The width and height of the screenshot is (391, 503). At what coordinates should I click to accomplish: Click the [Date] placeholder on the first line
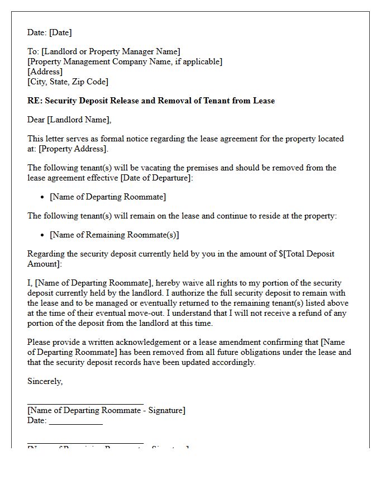60,32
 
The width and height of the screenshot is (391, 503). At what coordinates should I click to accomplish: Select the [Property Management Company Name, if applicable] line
125,61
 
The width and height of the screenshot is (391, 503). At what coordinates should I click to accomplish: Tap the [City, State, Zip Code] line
68,82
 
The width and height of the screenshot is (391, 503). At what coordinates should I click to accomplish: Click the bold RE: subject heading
151,101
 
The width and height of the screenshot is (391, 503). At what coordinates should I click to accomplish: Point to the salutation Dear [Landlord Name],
69,120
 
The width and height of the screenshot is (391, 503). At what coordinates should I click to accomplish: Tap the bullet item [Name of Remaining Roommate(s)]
114,235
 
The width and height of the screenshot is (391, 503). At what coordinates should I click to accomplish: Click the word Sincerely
45,381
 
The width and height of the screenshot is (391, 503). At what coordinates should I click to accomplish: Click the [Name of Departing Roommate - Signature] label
106,410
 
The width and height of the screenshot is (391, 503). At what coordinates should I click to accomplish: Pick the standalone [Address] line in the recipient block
45,72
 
